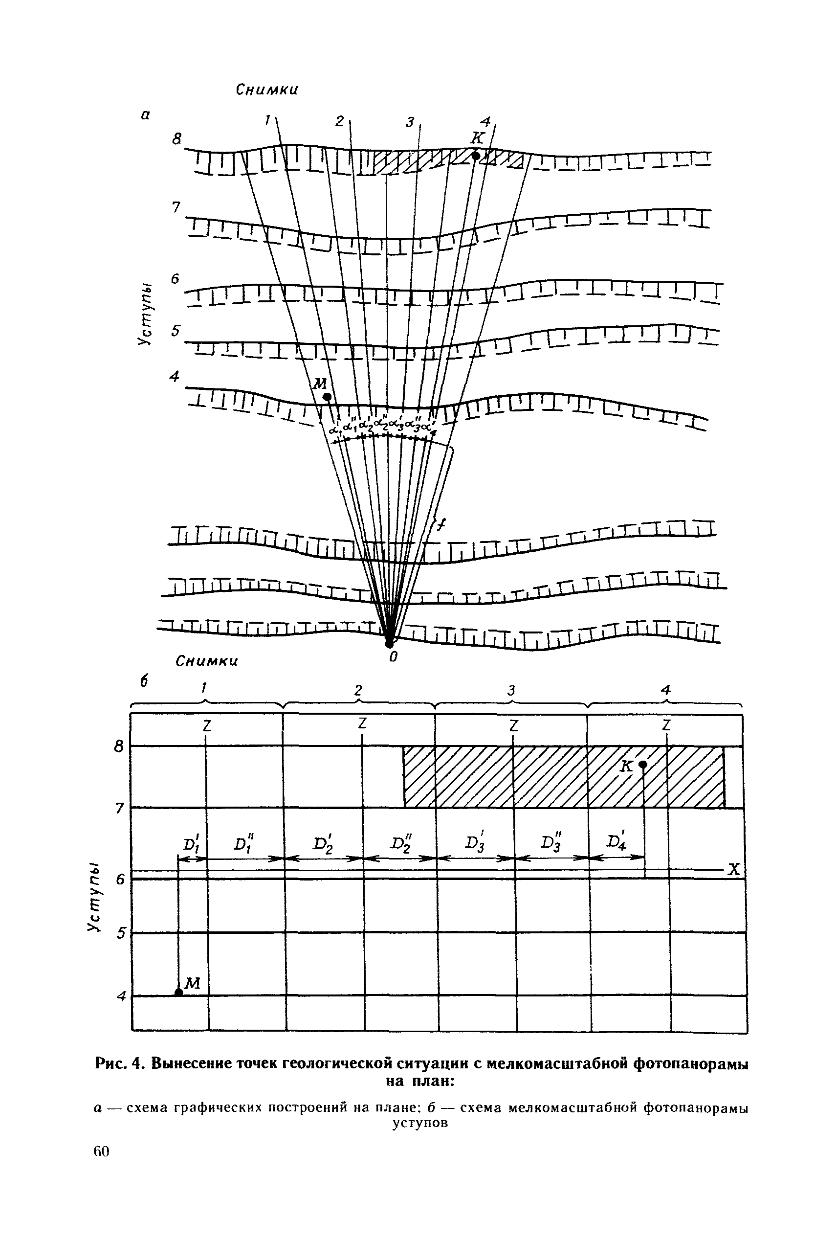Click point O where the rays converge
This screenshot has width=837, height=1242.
coord(390,642)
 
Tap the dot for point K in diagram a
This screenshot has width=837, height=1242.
coord(476,156)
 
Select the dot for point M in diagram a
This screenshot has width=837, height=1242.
coord(327,397)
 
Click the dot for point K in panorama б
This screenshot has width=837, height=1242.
coord(643,764)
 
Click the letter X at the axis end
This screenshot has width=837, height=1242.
coord(734,870)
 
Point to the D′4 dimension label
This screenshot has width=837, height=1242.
coord(617,843)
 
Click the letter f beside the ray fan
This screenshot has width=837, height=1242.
coord(441,525)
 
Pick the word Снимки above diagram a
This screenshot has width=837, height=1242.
coord(267,90)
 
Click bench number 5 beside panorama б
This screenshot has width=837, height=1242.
coord(121,933)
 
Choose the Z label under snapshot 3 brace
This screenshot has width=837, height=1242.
coord(513,725)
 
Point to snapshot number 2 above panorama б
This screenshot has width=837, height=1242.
coord(359,690)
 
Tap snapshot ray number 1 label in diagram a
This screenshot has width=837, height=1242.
coord(267,121)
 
